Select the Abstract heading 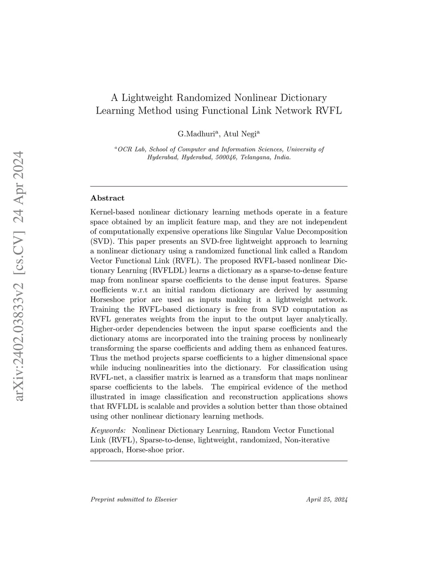pos(108,198)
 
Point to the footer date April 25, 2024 pos(327,499)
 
